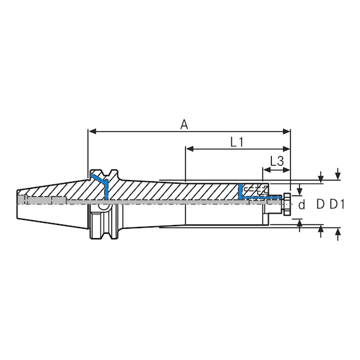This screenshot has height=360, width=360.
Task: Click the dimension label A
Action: pos(184,124)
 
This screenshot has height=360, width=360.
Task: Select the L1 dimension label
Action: pos(237,142)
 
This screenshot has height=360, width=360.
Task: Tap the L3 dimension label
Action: pos(277,161)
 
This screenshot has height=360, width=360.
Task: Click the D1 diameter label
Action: pos(338,204)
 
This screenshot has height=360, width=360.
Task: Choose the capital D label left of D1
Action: pos(319,204)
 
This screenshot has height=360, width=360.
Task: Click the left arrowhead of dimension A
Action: pos(91,132)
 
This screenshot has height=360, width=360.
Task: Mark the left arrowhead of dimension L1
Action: pos(189,149)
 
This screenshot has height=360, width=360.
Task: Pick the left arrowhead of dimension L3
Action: pos(266,169)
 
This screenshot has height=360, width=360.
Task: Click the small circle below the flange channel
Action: pos(102,206)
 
